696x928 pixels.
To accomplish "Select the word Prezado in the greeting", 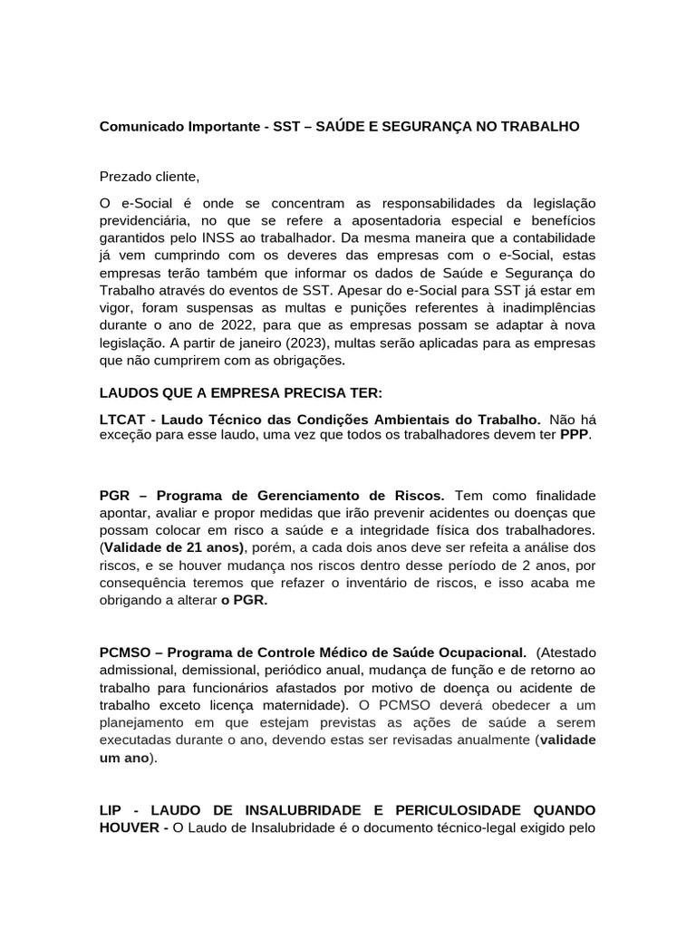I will (125, 176).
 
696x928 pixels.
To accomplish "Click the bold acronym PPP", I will (575, 434).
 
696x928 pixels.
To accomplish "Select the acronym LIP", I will (111, 808).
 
